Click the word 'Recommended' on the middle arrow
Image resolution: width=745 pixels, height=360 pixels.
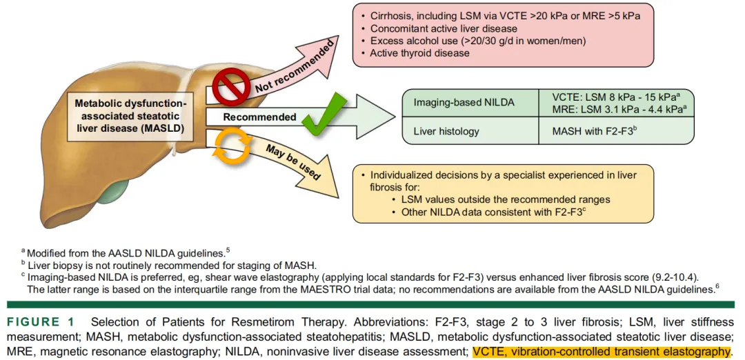(259, 117)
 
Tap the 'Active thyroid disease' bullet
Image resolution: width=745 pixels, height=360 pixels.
(410, 53)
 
